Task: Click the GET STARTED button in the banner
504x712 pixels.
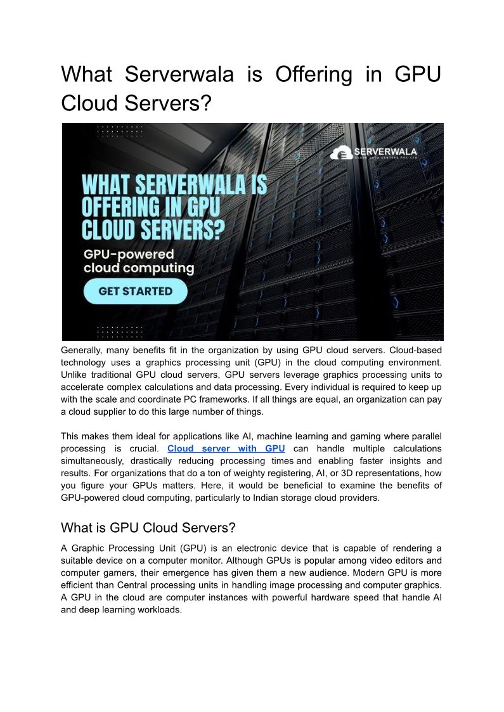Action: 136,291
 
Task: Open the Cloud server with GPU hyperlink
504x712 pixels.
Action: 226,449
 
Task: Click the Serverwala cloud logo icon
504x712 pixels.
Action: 343,153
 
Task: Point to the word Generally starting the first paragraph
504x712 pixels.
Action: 81,350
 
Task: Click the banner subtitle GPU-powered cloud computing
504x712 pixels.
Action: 139,261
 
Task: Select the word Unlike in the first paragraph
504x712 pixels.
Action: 74,375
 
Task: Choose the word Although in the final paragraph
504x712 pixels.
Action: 211,560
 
